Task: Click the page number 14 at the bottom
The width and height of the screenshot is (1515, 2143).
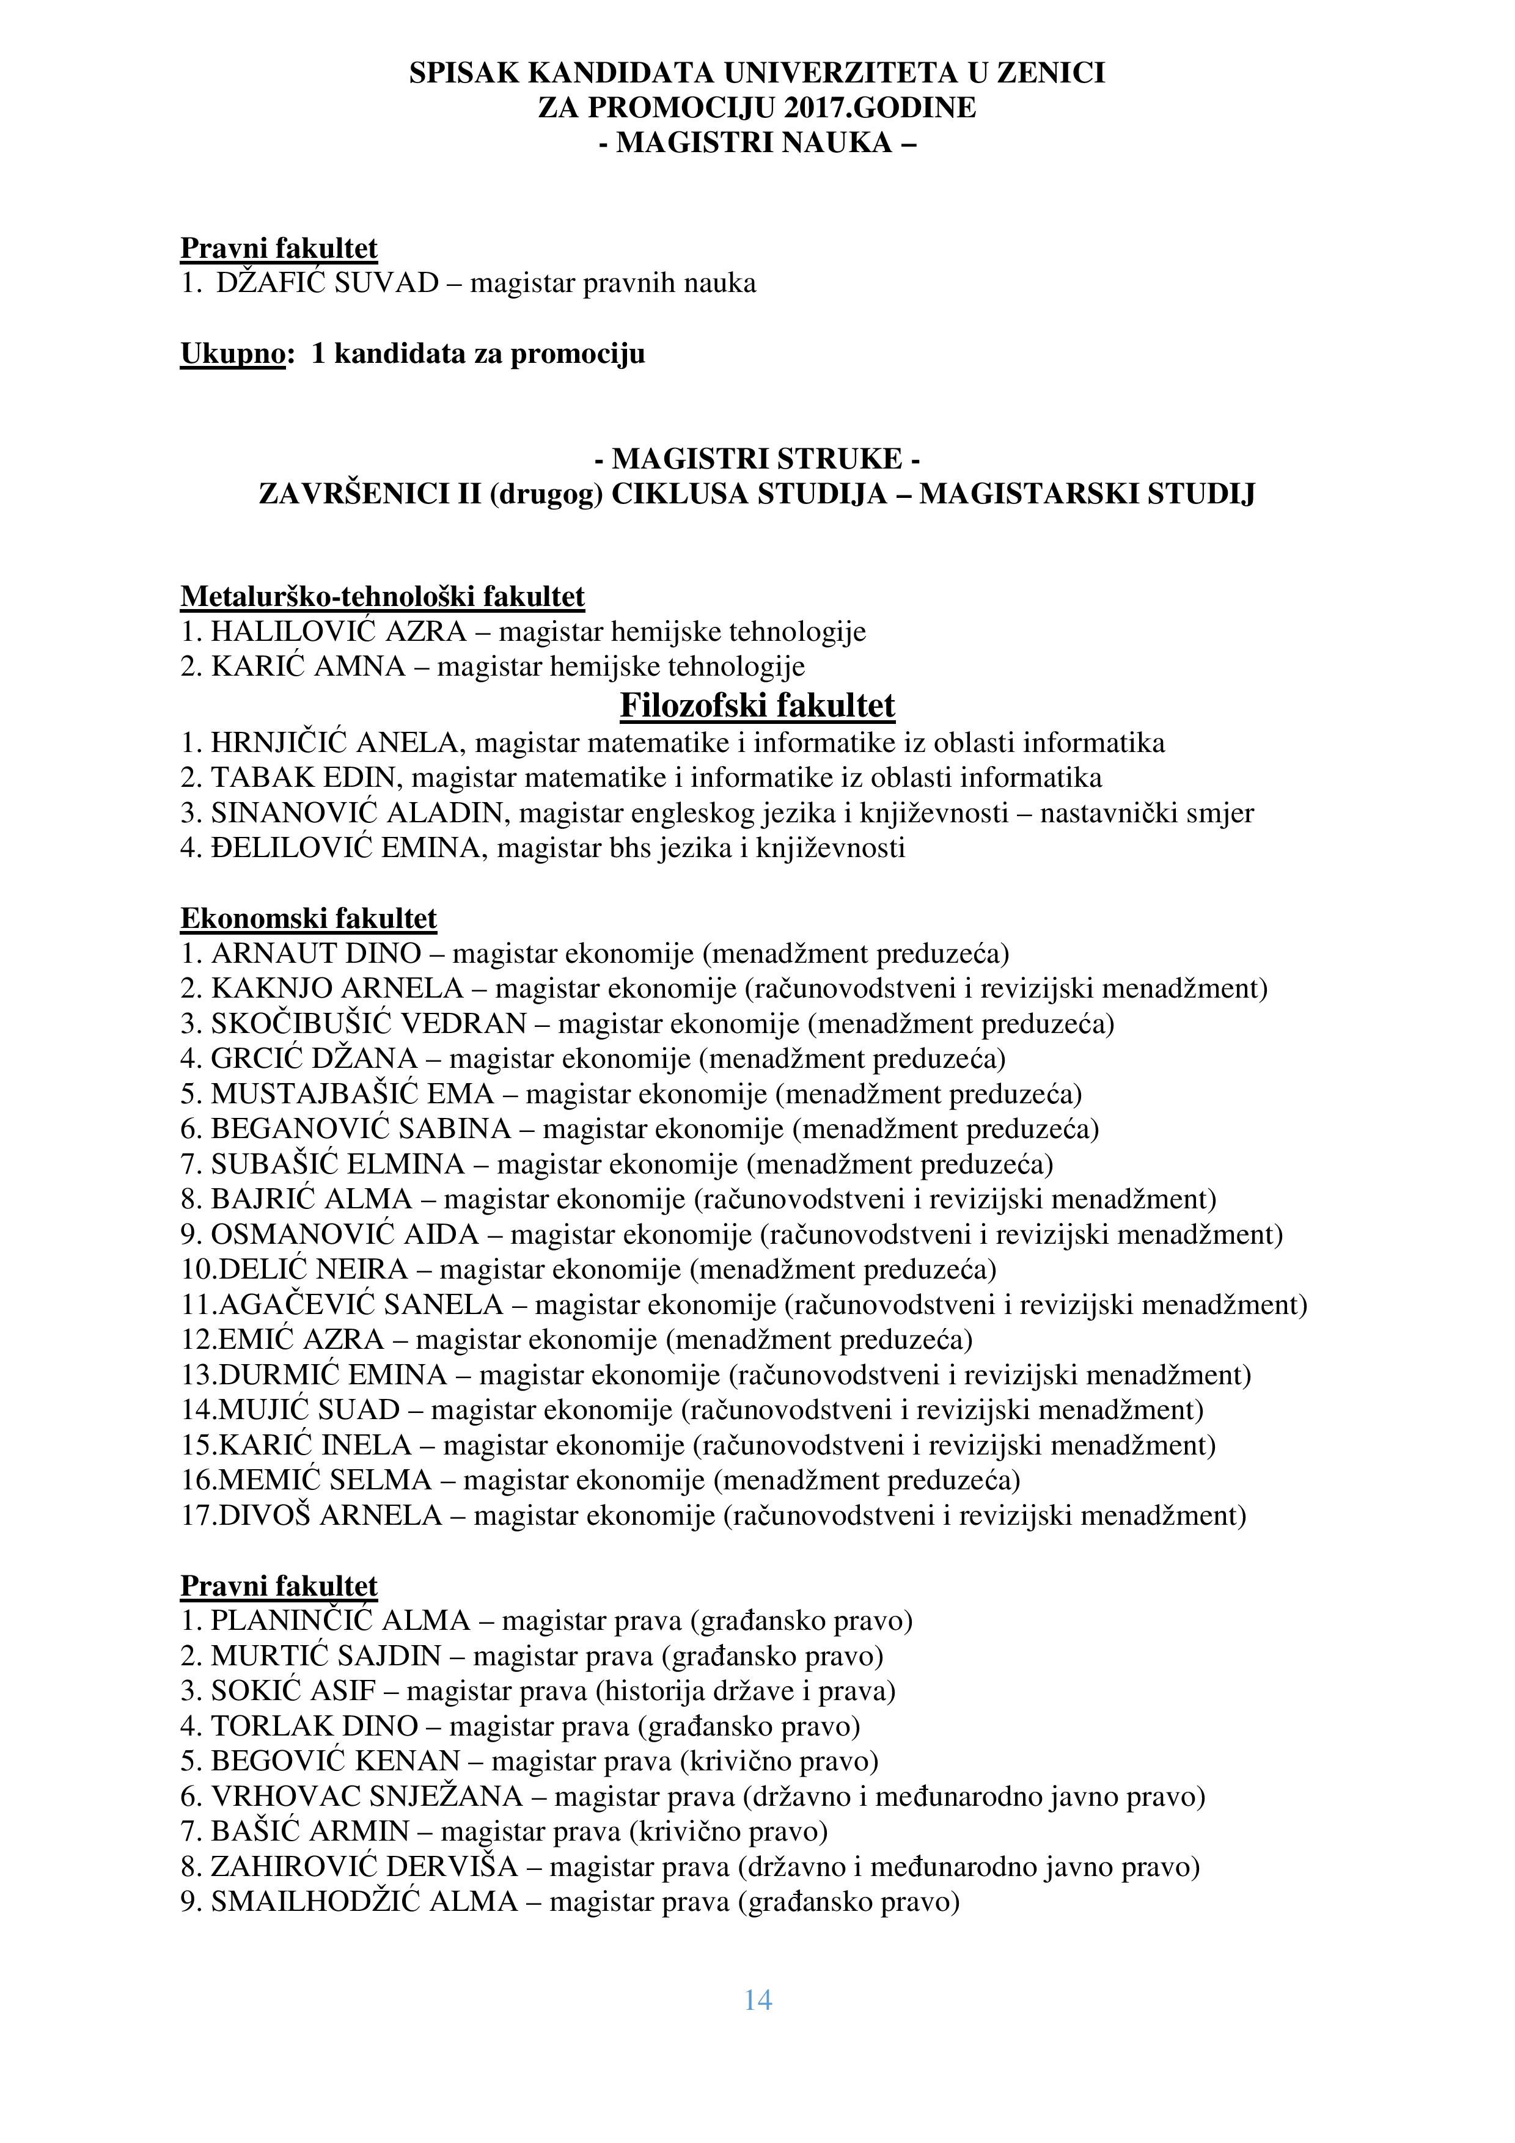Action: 757,1999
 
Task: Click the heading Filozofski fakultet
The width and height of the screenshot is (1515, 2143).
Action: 757,706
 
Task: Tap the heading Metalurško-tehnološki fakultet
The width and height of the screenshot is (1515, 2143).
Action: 383,596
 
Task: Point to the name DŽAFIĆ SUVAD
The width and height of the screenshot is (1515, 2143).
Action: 327,283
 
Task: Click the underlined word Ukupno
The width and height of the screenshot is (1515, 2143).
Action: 232,354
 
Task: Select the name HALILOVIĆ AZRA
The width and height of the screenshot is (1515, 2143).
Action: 338,632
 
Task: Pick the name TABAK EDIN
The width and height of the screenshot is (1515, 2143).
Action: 307,778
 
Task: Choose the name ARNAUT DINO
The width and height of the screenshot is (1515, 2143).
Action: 315,954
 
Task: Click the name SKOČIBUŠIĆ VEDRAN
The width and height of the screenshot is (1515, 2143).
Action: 369,1024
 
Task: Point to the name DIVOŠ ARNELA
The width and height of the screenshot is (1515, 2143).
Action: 329,1515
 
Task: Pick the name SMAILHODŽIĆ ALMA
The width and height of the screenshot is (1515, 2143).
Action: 364,1902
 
